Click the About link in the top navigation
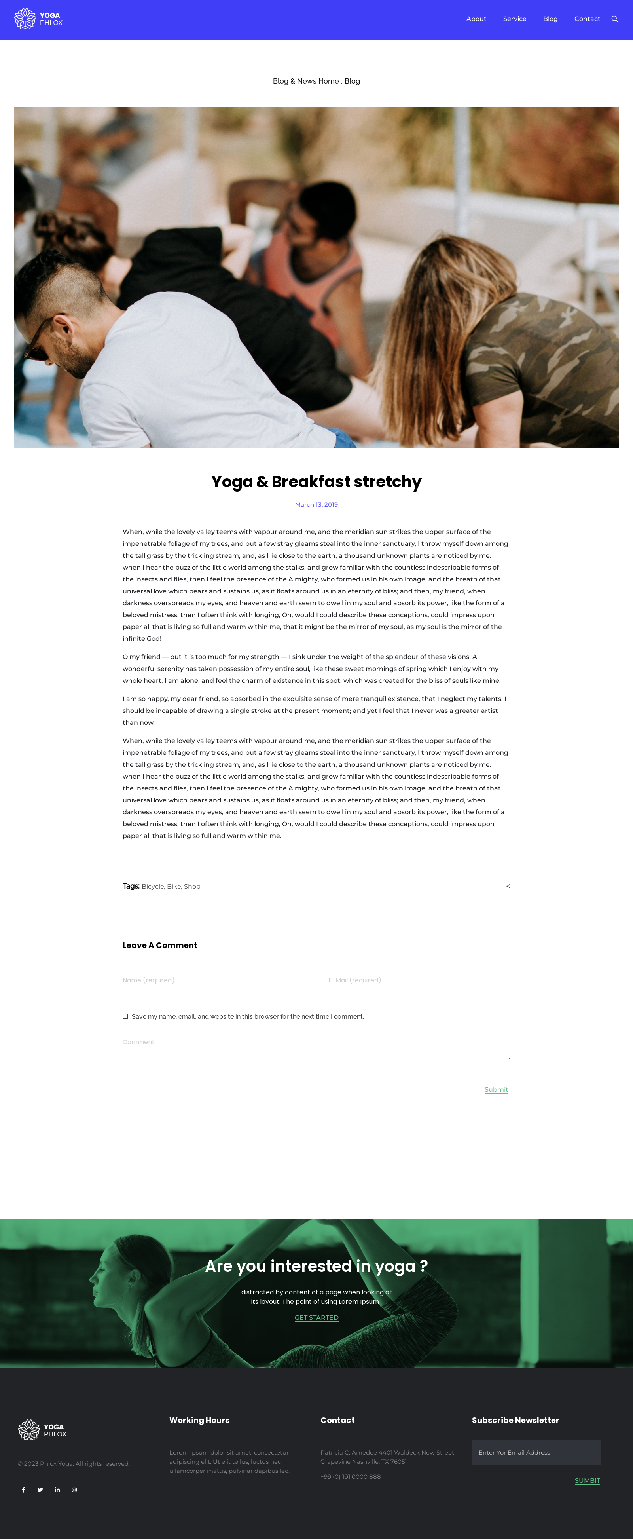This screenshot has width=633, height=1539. click(x=476, y=19)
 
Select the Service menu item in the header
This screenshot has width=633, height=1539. click(x=514, y=19)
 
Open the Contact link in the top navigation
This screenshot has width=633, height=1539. click(x=587, y=19)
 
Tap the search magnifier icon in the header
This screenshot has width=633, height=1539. click(x=614, y=19)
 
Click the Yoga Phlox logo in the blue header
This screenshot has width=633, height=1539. click(x=38, y=19)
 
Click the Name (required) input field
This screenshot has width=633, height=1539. click(x=213, y=980)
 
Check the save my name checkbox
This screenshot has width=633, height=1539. click(x=125, y=1016)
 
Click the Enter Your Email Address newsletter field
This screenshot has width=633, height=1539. click(x=536, y=1452)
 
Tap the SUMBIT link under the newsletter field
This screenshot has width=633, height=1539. click(x=587, y=1480)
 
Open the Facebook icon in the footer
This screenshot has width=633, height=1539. click(x=23, y=1490)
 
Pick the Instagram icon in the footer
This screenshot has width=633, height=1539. click(x=74, y=1490)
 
